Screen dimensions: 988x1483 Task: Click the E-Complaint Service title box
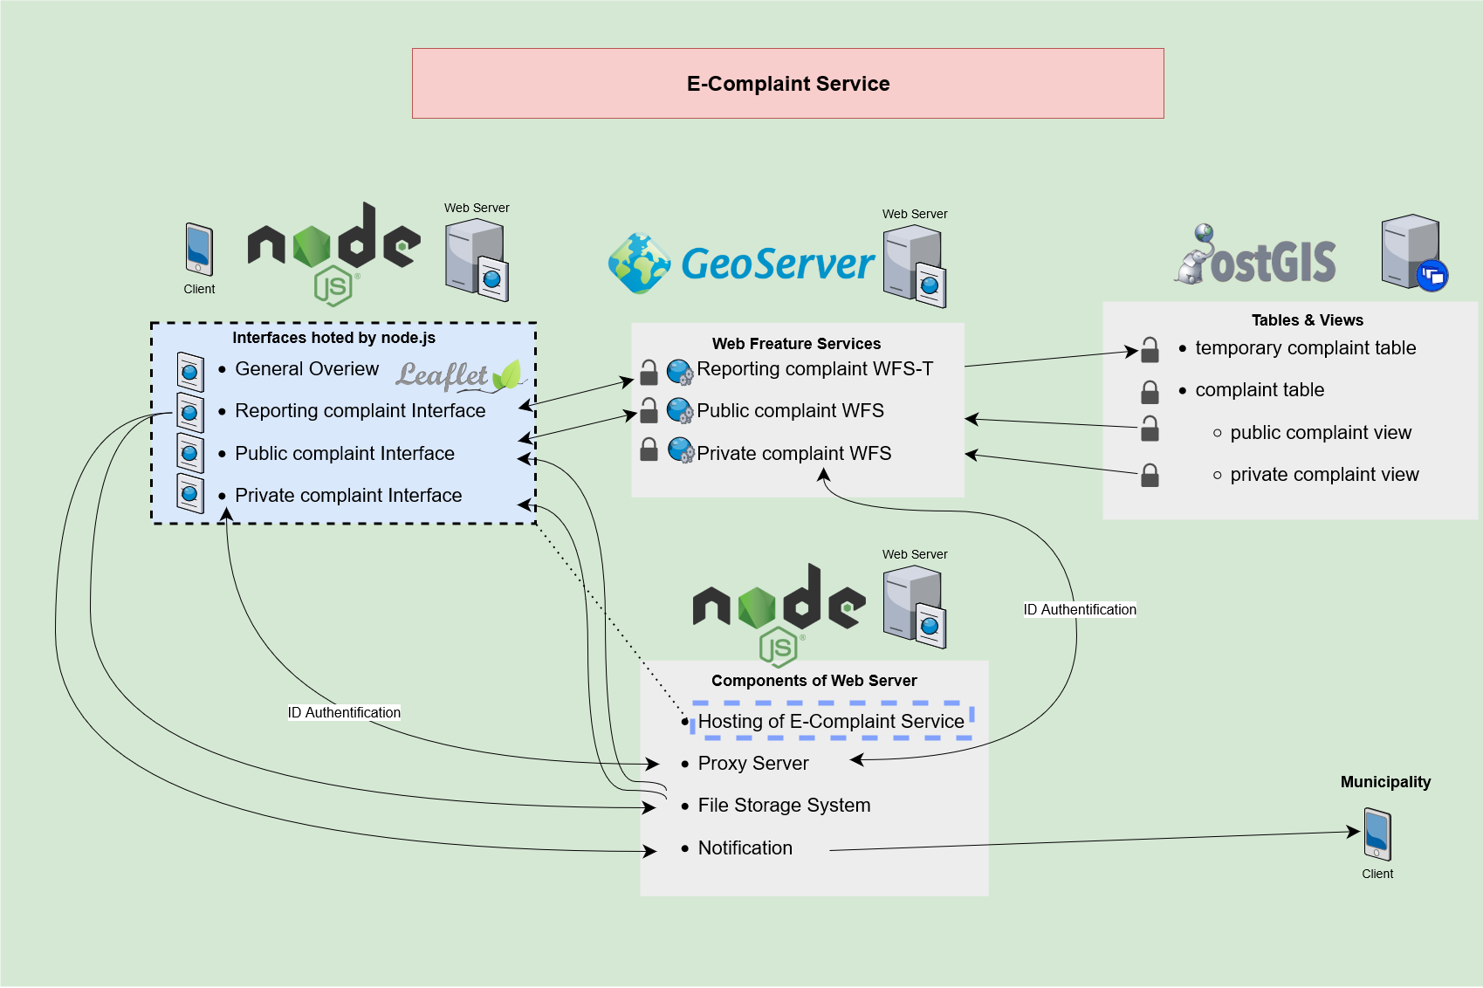(787, 84)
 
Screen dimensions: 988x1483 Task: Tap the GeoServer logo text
(777, 264)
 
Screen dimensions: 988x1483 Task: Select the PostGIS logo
(1257, 257)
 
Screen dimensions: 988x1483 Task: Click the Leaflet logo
(457, 375)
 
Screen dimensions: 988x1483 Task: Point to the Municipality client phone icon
(1377, 834)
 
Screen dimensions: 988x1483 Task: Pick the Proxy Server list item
(752, 764)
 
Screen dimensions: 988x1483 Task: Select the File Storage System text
(784, 806)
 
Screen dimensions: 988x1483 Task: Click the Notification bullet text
(745, 848)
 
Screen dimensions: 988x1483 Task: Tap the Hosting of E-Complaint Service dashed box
(832, 721)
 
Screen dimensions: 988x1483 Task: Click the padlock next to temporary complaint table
(1150, 350)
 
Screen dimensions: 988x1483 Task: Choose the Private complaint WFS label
(793, 454)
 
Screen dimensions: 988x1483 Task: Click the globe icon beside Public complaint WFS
(680, 410)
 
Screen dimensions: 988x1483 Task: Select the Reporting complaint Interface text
(360, 411)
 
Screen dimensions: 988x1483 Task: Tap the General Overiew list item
(306, 369)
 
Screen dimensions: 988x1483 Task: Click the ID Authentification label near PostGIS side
(1080, 610)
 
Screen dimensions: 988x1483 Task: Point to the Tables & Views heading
(1307, 320)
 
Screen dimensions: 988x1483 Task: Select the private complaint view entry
(1323, 475)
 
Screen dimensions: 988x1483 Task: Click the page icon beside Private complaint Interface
(190, 494)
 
